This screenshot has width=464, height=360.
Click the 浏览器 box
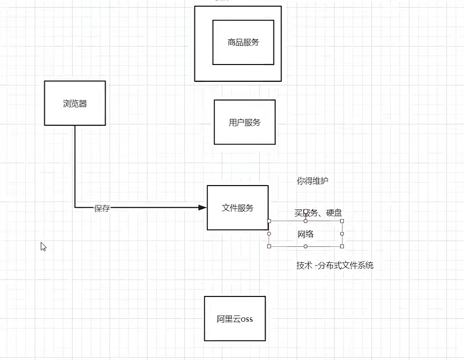coord(75,103)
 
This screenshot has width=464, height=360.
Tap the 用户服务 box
coord(244,122)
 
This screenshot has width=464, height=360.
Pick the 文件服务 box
coord(237,208)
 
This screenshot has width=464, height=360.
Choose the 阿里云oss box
coord(235,319)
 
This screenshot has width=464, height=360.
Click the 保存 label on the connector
coord(102,209)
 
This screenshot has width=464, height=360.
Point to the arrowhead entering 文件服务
coord(202,207)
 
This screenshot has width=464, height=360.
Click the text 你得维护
coord(313,181)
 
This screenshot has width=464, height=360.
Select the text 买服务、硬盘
coord(318,213)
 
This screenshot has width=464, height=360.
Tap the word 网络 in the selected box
coord(306,234)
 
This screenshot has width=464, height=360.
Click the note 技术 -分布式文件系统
coord(335,266)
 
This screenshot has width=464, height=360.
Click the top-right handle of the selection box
coord(342,221)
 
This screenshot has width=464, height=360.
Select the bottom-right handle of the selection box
coord(342,246)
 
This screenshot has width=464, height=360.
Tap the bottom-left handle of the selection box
coord(269,246)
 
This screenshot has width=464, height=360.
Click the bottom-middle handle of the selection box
coord(306,246)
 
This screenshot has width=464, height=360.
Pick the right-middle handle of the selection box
coord(342,233)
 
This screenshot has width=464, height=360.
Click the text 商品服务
coord(243,43)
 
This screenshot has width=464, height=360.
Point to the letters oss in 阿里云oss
coord(246,319)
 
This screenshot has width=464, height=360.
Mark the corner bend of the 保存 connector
coord(75,207)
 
